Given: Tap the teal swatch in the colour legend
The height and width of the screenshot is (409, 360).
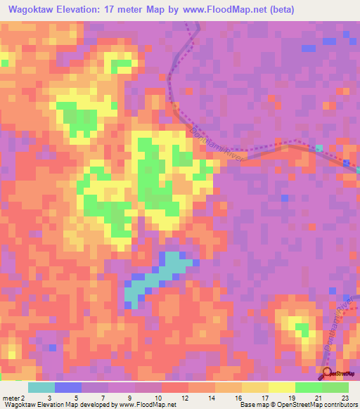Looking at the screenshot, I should [41, 387].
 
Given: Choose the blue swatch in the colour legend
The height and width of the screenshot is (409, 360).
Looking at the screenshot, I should [68, 387].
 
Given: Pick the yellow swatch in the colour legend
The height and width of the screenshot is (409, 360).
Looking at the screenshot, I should [281, 387].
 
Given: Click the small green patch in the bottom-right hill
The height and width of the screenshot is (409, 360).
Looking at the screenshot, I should [302, 327].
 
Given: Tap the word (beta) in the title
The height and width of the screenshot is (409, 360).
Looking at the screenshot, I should [280, 10].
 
